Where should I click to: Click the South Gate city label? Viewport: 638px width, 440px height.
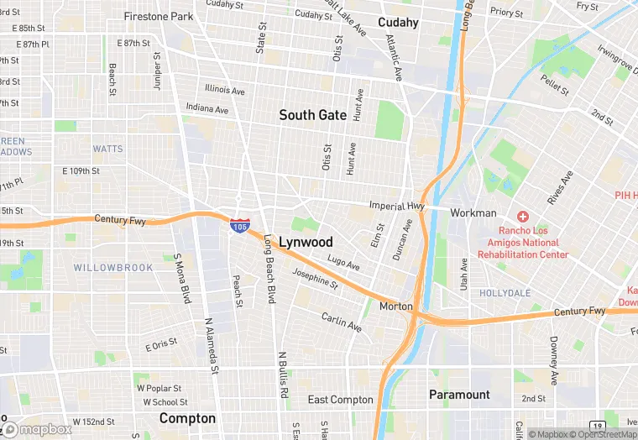[x=312, y=115]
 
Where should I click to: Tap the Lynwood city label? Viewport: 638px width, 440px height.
[x=306, y=242]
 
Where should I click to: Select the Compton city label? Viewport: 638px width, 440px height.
[x=187, y=418]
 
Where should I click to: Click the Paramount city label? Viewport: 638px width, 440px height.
[x=459, y=395]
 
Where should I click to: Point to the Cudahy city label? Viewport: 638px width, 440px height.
[x=398, y=23]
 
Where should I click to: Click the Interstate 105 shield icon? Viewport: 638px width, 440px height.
[x=239, y=225]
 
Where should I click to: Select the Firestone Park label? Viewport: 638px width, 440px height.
[x=158, y=16]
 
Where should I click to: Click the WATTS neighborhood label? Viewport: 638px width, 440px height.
[x=107, y=149]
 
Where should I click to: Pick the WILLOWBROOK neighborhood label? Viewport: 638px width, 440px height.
[x=113, y=268]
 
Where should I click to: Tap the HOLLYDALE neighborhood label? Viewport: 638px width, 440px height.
[x=505, y=293]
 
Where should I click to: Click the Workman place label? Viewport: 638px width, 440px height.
[x=473, y=213]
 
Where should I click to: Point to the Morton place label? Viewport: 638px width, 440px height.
[x=396, y=306]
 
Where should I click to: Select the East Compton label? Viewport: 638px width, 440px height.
[x=340, y=400]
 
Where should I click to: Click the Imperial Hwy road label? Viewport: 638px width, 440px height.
[x=398, y=205]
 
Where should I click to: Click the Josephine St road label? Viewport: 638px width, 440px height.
[x=315, y=278]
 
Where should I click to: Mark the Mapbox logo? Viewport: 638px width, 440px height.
[x=37, y=429]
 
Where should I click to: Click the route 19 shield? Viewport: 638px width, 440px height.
[x=595, y=426]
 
